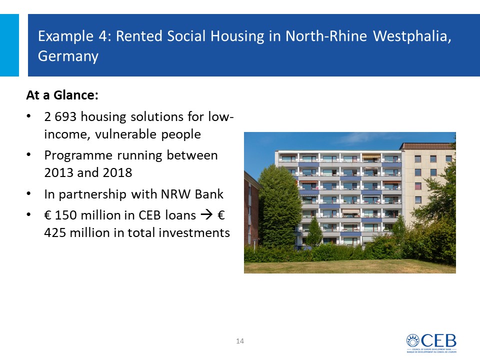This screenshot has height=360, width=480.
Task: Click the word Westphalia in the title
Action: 412,36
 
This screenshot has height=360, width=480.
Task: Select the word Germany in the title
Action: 68,56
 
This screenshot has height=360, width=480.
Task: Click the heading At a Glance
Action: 62,95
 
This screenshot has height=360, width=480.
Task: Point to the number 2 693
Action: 60,116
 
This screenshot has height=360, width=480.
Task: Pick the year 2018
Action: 117,172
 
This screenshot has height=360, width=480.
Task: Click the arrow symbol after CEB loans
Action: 206,215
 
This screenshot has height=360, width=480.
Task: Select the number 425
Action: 55,232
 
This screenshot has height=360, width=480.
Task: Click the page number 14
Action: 240,341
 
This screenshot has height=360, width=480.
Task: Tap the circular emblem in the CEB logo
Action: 413,340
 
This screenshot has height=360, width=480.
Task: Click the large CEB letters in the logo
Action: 438,340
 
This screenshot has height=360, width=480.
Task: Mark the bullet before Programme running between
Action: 29,155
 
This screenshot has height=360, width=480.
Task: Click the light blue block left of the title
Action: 9,45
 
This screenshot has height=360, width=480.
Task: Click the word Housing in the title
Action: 237,36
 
